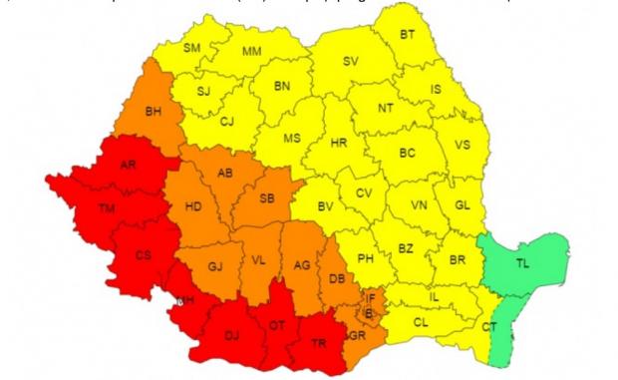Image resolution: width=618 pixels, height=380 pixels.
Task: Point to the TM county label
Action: pyautogui.click(x=105, y=208)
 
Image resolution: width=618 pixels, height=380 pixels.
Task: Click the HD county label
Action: pyautogui.click(x=194, y=206)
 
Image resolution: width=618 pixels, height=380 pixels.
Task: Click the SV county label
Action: pyautogui.click(x=350, y=61)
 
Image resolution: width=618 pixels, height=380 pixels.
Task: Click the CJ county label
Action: pyautogui.click(x=227, y=122)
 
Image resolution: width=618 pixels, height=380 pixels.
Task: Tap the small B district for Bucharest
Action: pyautogui.click(x=371, y=312)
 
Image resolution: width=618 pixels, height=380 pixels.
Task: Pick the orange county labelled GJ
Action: pyautogui.click(x=214, y=266)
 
